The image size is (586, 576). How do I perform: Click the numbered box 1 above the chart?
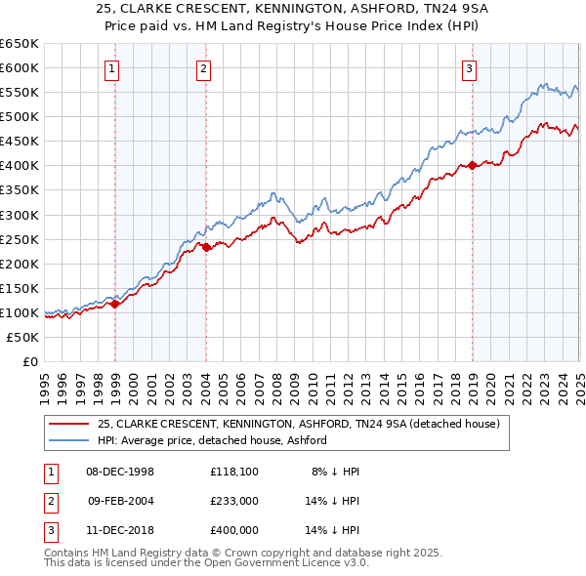coord(113,68)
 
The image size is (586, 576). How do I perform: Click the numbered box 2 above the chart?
coord(202,68)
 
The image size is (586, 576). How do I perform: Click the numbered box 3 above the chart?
coord(470,68)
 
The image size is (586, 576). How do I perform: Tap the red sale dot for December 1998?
coord(115,304)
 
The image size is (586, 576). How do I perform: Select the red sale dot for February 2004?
coord(207,247)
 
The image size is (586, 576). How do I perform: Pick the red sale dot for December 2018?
coord(473,165)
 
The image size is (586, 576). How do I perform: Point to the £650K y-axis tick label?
coord(20,44)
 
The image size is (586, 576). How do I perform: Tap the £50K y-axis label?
coord(23,337)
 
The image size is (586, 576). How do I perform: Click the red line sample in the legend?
coord(69,424)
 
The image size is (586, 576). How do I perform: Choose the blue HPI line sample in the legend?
coord(69,440)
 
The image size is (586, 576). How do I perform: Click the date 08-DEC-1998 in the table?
coord(121,472)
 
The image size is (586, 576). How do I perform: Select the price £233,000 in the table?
coord(234,501)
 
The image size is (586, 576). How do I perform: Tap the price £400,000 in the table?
coord(234,530)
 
